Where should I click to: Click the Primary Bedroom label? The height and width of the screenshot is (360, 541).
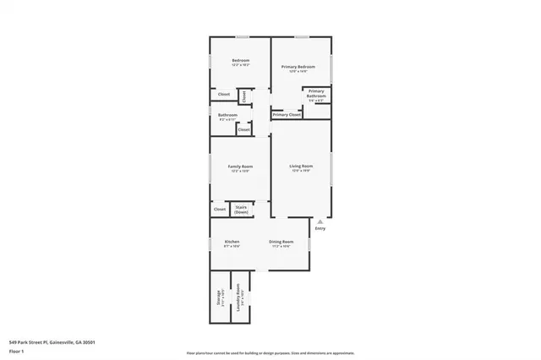coord(301,67)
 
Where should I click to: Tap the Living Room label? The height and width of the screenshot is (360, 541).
coord(301,166)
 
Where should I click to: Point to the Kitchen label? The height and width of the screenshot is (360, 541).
coord(232,242)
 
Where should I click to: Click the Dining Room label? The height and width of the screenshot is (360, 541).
coord(281,242)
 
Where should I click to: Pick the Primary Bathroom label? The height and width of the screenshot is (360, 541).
coord(316,94)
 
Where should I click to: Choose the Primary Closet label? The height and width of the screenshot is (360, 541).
coord(287,114)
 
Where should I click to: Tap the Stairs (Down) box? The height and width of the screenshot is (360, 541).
coord(241,209)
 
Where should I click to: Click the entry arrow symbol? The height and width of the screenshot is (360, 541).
coord(320,221)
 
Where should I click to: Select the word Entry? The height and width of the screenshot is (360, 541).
coord(320,228)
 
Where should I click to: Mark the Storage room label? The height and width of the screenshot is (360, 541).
coord(218,297)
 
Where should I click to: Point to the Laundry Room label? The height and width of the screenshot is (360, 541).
coord(240,299)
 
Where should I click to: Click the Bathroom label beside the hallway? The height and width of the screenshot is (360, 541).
coord(227,115)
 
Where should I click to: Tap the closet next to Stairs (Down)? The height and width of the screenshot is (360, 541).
coord(219,209)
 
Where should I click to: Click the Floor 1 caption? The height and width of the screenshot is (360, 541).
coord(15,351)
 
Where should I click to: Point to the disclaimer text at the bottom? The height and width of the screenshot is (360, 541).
coord(270,353)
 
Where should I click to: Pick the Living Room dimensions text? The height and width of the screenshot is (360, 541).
coord(301,171)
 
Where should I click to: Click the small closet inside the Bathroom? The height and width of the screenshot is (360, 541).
coord(243,129)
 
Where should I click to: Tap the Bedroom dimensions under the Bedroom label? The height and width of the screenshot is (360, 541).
coord(240,64)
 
